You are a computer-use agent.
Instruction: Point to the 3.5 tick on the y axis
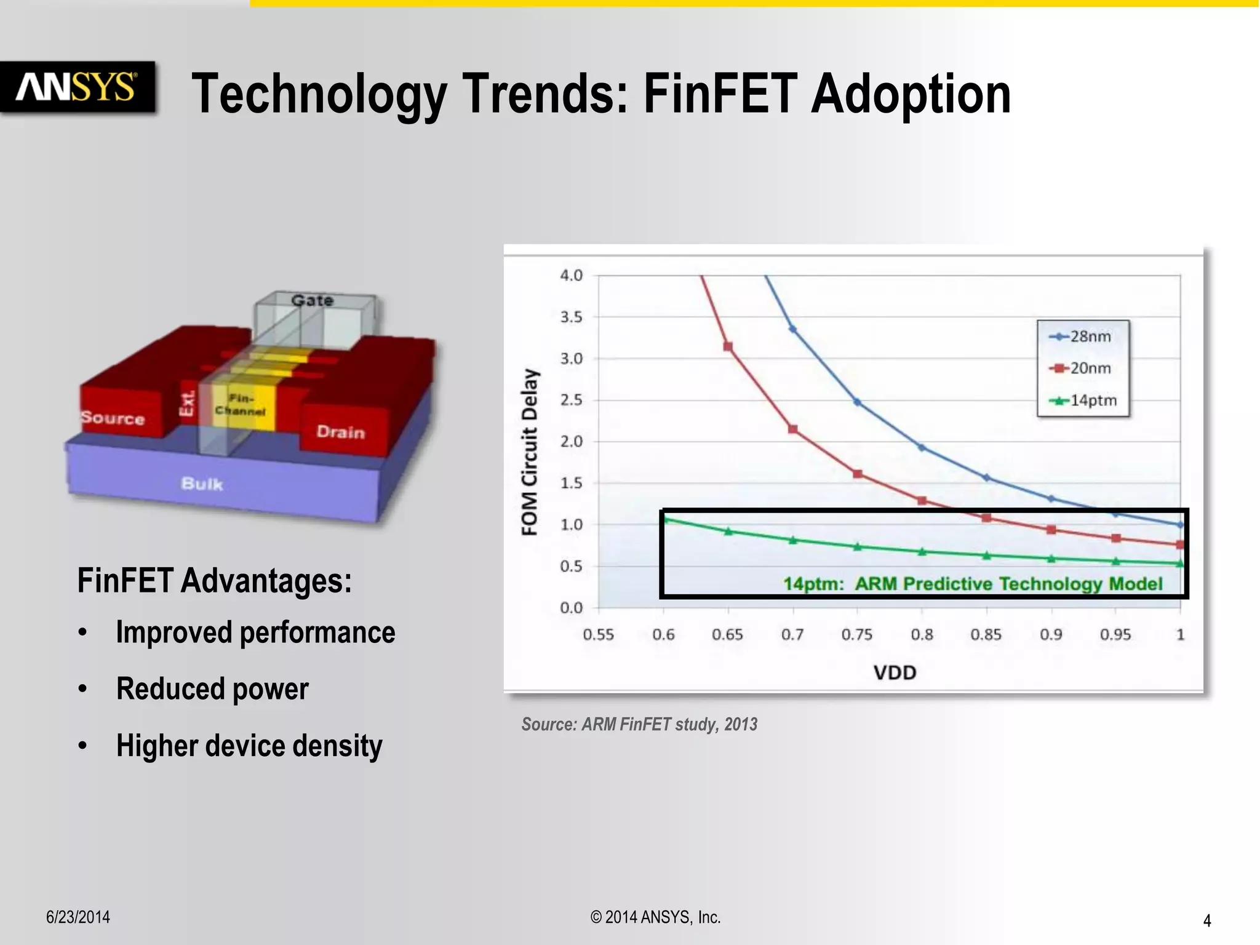click(x=570, y=317)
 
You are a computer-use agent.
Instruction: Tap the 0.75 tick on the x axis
click(x=857, y=634)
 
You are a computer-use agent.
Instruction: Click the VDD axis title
click(x=895, y=672)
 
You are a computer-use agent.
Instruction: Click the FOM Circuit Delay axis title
click(x=530, y=452)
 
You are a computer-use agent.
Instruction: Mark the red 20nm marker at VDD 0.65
click(x=728, y=346)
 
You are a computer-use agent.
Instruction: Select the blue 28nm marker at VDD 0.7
click(x=793, y=329)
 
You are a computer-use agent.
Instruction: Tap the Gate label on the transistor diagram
click(x=312, y=300)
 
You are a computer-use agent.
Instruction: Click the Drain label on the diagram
click(x=340, y=432)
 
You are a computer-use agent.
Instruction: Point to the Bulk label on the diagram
click(x=202, y=484)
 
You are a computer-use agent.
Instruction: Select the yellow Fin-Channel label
click(x=241, y=405)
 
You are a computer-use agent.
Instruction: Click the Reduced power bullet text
click(x=212, y=688)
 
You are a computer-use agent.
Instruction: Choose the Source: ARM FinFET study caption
click(x=639, y=724)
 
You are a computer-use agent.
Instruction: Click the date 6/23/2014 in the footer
click(x=78, y=917)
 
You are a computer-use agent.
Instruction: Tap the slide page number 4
click(x=1206, y=920)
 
